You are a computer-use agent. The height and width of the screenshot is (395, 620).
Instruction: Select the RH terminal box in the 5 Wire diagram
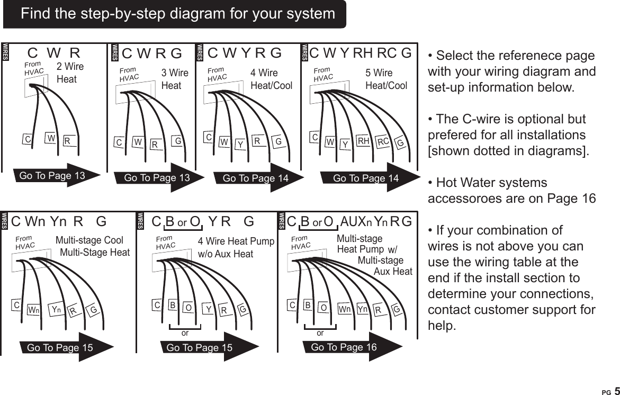point(363,141)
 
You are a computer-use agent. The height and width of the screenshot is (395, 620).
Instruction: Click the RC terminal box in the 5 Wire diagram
point(383,141)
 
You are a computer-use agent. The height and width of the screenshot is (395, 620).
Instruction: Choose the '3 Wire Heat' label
point(174,79)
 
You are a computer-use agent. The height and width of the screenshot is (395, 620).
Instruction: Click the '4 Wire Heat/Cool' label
point(270,79)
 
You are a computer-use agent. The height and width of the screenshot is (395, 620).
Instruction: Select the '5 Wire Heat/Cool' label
point(386,79)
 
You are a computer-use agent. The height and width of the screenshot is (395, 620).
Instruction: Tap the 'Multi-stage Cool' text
point(89,241)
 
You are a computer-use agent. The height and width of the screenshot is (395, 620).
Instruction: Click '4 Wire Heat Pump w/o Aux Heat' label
point(235,248)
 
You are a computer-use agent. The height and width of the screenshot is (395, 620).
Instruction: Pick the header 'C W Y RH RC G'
point(360,53)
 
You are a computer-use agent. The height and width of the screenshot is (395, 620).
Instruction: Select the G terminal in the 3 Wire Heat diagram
point(178,142)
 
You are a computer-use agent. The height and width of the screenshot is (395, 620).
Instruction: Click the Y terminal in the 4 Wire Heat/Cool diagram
point(240,143)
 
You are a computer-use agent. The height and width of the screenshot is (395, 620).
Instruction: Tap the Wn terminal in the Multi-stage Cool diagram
point(33,309)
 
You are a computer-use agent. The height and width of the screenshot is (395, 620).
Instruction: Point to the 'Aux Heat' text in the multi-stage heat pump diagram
point(392,272)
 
